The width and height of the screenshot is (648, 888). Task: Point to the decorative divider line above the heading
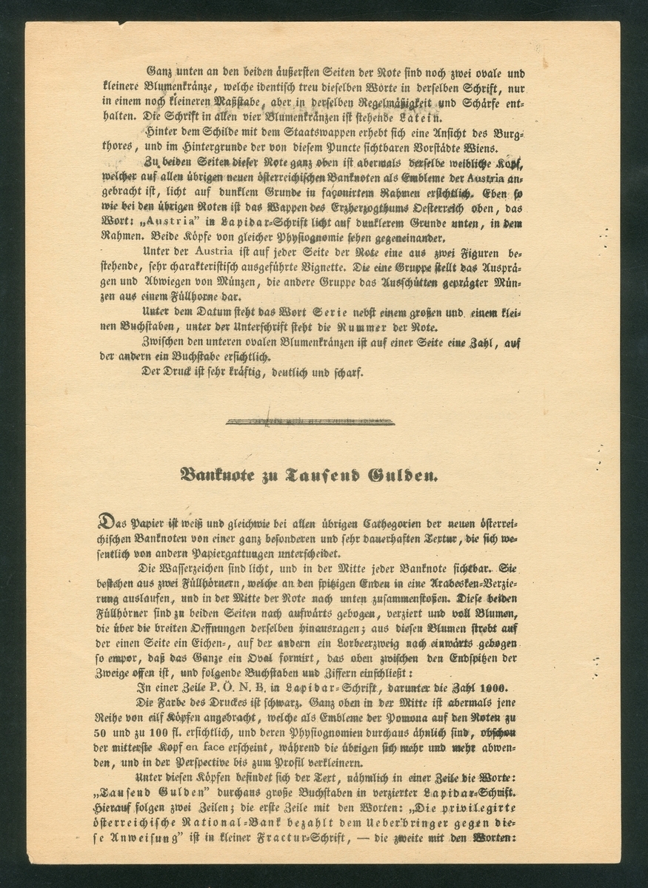[310, 422]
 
